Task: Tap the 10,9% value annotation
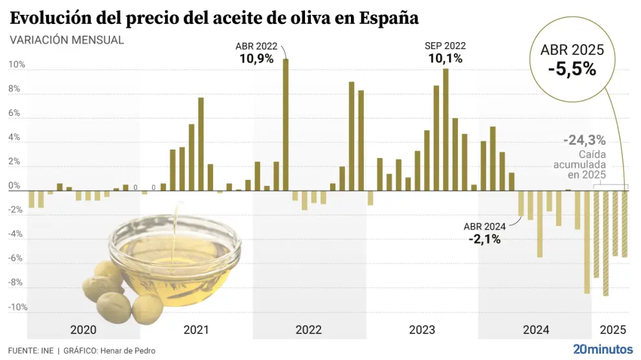255,58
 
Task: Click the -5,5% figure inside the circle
572,69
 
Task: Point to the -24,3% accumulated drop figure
584,139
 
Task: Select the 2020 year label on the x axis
83,330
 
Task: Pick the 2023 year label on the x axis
422,330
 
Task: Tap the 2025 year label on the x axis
613,330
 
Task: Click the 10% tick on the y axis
17,65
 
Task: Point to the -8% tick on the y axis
17,282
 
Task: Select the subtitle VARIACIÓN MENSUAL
67,39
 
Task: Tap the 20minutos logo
603,349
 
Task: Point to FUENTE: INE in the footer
30,350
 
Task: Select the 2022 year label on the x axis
309,330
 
